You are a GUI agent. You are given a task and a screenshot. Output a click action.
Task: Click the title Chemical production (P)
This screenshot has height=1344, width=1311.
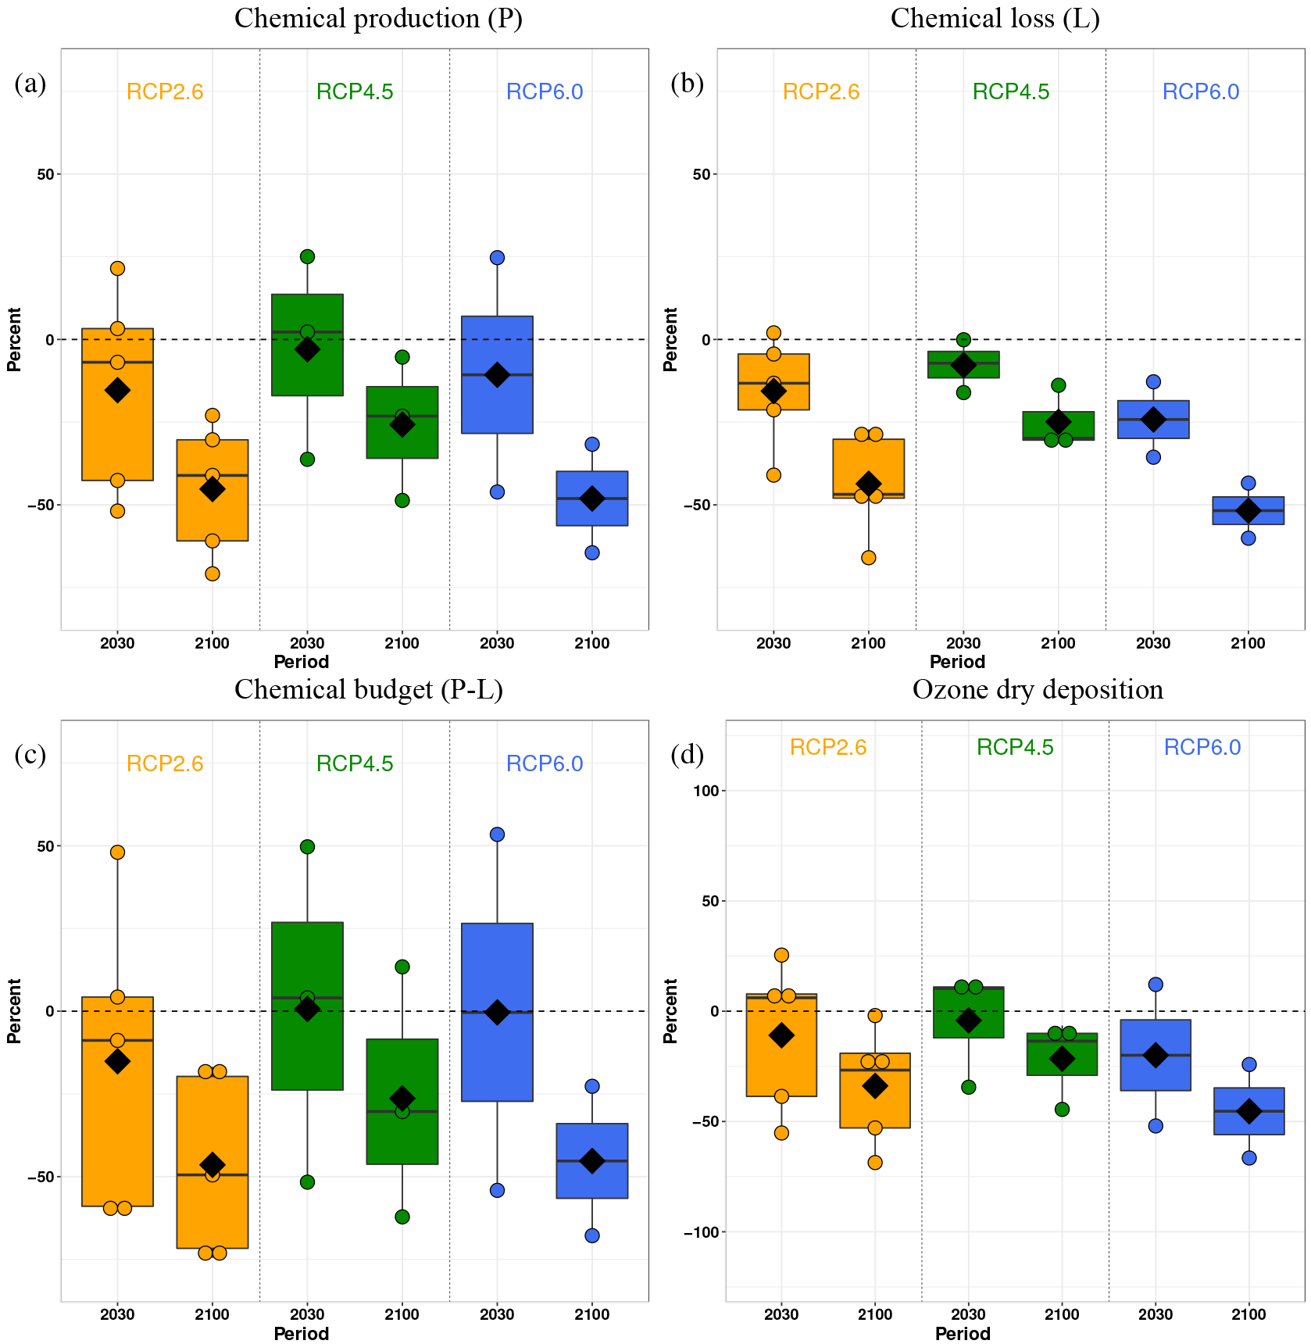point(378,19)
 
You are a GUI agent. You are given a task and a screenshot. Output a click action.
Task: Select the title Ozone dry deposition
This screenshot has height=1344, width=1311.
point(1038,690)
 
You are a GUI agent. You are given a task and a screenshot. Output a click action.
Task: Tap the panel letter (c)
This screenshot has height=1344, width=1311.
point(30,755)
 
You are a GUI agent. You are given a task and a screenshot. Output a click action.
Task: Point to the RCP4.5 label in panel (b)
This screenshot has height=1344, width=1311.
point(1011,92)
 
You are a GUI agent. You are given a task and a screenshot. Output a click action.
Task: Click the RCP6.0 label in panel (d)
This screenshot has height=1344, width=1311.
point(1202,748)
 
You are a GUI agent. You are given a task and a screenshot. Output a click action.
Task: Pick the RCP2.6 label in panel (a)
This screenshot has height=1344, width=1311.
point(165,92)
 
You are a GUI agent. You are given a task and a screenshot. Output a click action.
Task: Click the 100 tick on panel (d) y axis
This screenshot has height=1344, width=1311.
point(706,791)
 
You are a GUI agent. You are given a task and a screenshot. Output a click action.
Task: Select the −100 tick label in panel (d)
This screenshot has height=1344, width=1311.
point(701,1232)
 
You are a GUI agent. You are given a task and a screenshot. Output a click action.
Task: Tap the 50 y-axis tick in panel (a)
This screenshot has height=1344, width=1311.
point(45,174)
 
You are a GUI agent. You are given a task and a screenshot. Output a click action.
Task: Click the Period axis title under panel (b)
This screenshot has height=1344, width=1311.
point(957,663)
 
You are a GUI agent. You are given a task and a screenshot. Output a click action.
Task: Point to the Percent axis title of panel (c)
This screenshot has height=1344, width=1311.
point(14,1011)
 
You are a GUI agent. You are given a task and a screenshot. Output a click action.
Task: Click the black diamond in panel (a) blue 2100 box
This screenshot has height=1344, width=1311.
point(592,499)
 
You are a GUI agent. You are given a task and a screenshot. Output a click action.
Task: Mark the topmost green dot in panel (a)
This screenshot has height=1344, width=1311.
point(307,256)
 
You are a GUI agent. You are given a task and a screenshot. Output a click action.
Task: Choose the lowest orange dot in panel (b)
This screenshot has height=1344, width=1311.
point(868,558)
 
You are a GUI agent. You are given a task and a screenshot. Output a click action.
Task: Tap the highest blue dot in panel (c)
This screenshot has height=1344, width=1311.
point(497,835)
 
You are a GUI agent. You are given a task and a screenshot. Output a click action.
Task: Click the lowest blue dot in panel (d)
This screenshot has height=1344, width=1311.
point(1249,1158)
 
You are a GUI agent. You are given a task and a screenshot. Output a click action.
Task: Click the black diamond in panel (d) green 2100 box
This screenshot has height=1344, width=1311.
point(1062,1059)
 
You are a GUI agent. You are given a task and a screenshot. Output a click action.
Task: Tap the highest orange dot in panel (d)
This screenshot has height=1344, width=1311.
point(781,955)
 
